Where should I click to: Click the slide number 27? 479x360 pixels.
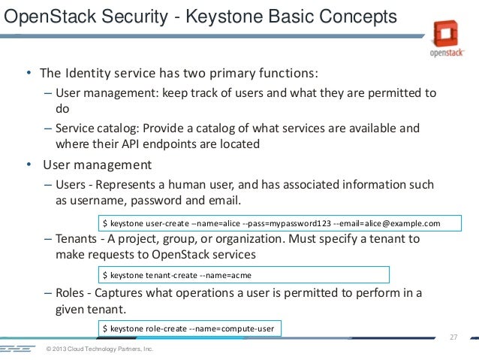click(453, 336)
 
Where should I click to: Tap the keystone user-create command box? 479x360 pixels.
click(270, 223)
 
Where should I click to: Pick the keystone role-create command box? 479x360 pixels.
click(192, 328)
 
